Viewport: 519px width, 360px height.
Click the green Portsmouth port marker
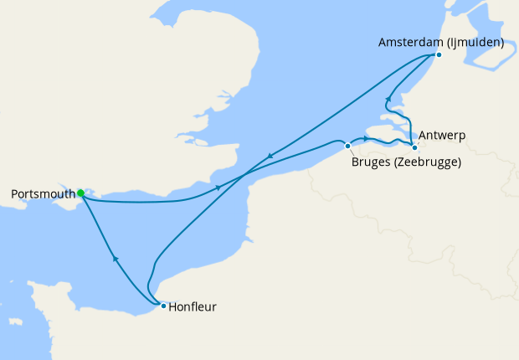(80, 193)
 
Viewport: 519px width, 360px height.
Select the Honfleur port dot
(163, 306)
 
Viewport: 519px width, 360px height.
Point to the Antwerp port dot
(414, 148)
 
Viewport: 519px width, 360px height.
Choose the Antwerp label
(444, 135)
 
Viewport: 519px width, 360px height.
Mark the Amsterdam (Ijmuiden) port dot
(439, 55)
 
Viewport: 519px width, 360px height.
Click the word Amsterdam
(409, 41)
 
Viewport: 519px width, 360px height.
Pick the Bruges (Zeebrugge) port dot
(348, 146)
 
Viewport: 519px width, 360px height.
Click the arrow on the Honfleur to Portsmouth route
(115, 260)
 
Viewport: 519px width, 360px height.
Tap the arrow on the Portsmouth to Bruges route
(218, 187)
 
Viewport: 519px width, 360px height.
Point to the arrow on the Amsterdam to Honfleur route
(270, 156)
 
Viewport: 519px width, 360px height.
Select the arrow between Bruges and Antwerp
(366, 138)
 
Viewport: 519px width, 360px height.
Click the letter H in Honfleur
(173, 307)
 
